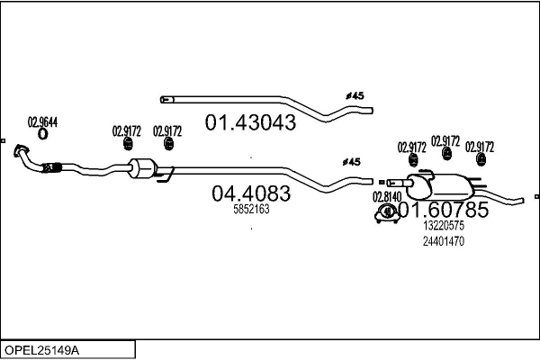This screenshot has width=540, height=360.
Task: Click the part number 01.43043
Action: (251, 122)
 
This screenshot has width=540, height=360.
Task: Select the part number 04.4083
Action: (251, 193)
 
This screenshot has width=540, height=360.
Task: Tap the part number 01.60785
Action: (443, 210)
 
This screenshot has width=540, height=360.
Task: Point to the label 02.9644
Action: (42, 122)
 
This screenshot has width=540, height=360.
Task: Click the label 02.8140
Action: (386, 196)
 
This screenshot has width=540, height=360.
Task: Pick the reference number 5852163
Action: (251, 209)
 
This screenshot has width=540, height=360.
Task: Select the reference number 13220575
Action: (442, 227)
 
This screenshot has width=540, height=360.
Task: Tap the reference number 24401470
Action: (442, 241)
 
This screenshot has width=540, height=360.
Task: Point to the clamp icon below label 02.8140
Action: (386, 213)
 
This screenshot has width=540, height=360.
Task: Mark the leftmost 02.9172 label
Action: (127, 130)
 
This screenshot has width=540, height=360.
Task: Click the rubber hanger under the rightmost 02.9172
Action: (481, 161)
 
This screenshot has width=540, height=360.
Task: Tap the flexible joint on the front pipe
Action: (51, 166)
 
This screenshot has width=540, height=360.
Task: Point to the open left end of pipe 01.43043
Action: (163, 98)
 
